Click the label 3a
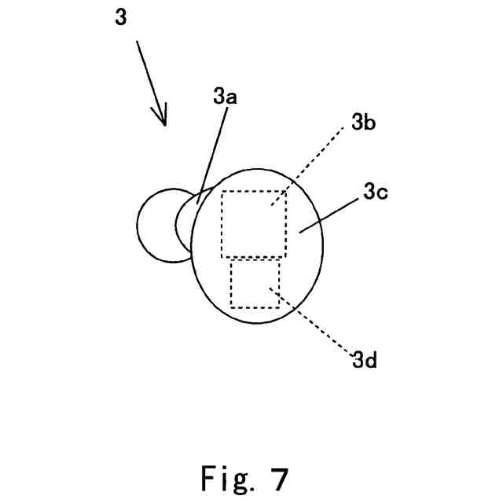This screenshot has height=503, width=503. pyautogui.click(x=224, y=97)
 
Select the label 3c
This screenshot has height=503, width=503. pyautogui.click(x=372, y=193)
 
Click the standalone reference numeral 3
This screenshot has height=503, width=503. pyautogui.click(x=120, y=17)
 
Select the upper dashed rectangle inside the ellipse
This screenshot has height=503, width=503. pyautogui.click(x=254, y=224)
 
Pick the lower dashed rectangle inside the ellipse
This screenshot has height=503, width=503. pyautogui.click(x=255, y=284)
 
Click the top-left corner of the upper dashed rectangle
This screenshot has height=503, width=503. pyautogui.click(x=222, y=191)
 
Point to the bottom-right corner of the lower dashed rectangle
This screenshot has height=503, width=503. pyautogui.click(x=280, y=307)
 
